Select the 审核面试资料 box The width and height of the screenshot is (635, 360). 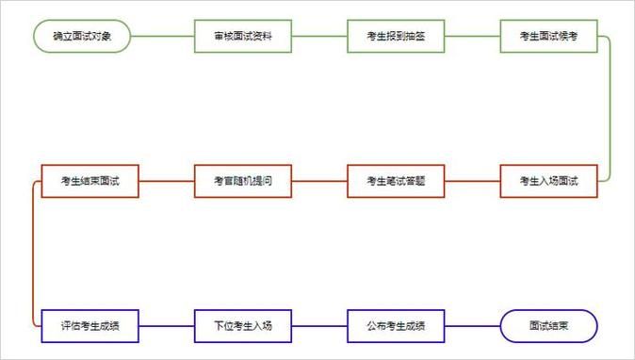(x=243, y=37)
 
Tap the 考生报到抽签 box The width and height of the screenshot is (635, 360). (x=396, y=37)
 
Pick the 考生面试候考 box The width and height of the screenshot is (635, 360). (x=548, y=37)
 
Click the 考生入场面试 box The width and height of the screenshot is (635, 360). (x=548, y=181)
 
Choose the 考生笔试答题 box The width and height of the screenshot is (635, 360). (x=396, y=181)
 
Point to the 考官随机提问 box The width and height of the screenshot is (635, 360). (x=243, y=181)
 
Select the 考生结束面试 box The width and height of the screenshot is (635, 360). (x=90, y=181)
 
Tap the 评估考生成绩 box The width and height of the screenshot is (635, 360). (x=90, y=326)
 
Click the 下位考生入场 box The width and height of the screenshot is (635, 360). (x=243, y=326)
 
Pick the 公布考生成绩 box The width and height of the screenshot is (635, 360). (x=396, y=326)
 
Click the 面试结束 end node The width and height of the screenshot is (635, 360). (x=548, y=326)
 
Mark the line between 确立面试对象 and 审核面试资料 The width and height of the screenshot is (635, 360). (x=162, y=37)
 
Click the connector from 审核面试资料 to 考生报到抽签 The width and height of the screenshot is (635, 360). (x=319, y=37)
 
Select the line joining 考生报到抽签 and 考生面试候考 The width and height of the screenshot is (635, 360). (x=472, y=37)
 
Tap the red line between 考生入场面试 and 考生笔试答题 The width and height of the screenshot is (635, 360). (x=472, y=181)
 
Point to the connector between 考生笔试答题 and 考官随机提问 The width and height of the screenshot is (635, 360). (x=319, y=181)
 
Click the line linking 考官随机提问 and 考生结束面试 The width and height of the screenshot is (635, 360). (x=167, y=181)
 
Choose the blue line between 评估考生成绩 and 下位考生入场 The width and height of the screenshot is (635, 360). (x=167, y=326)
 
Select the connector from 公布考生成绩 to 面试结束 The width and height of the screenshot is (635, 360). (x=472, y=326)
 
